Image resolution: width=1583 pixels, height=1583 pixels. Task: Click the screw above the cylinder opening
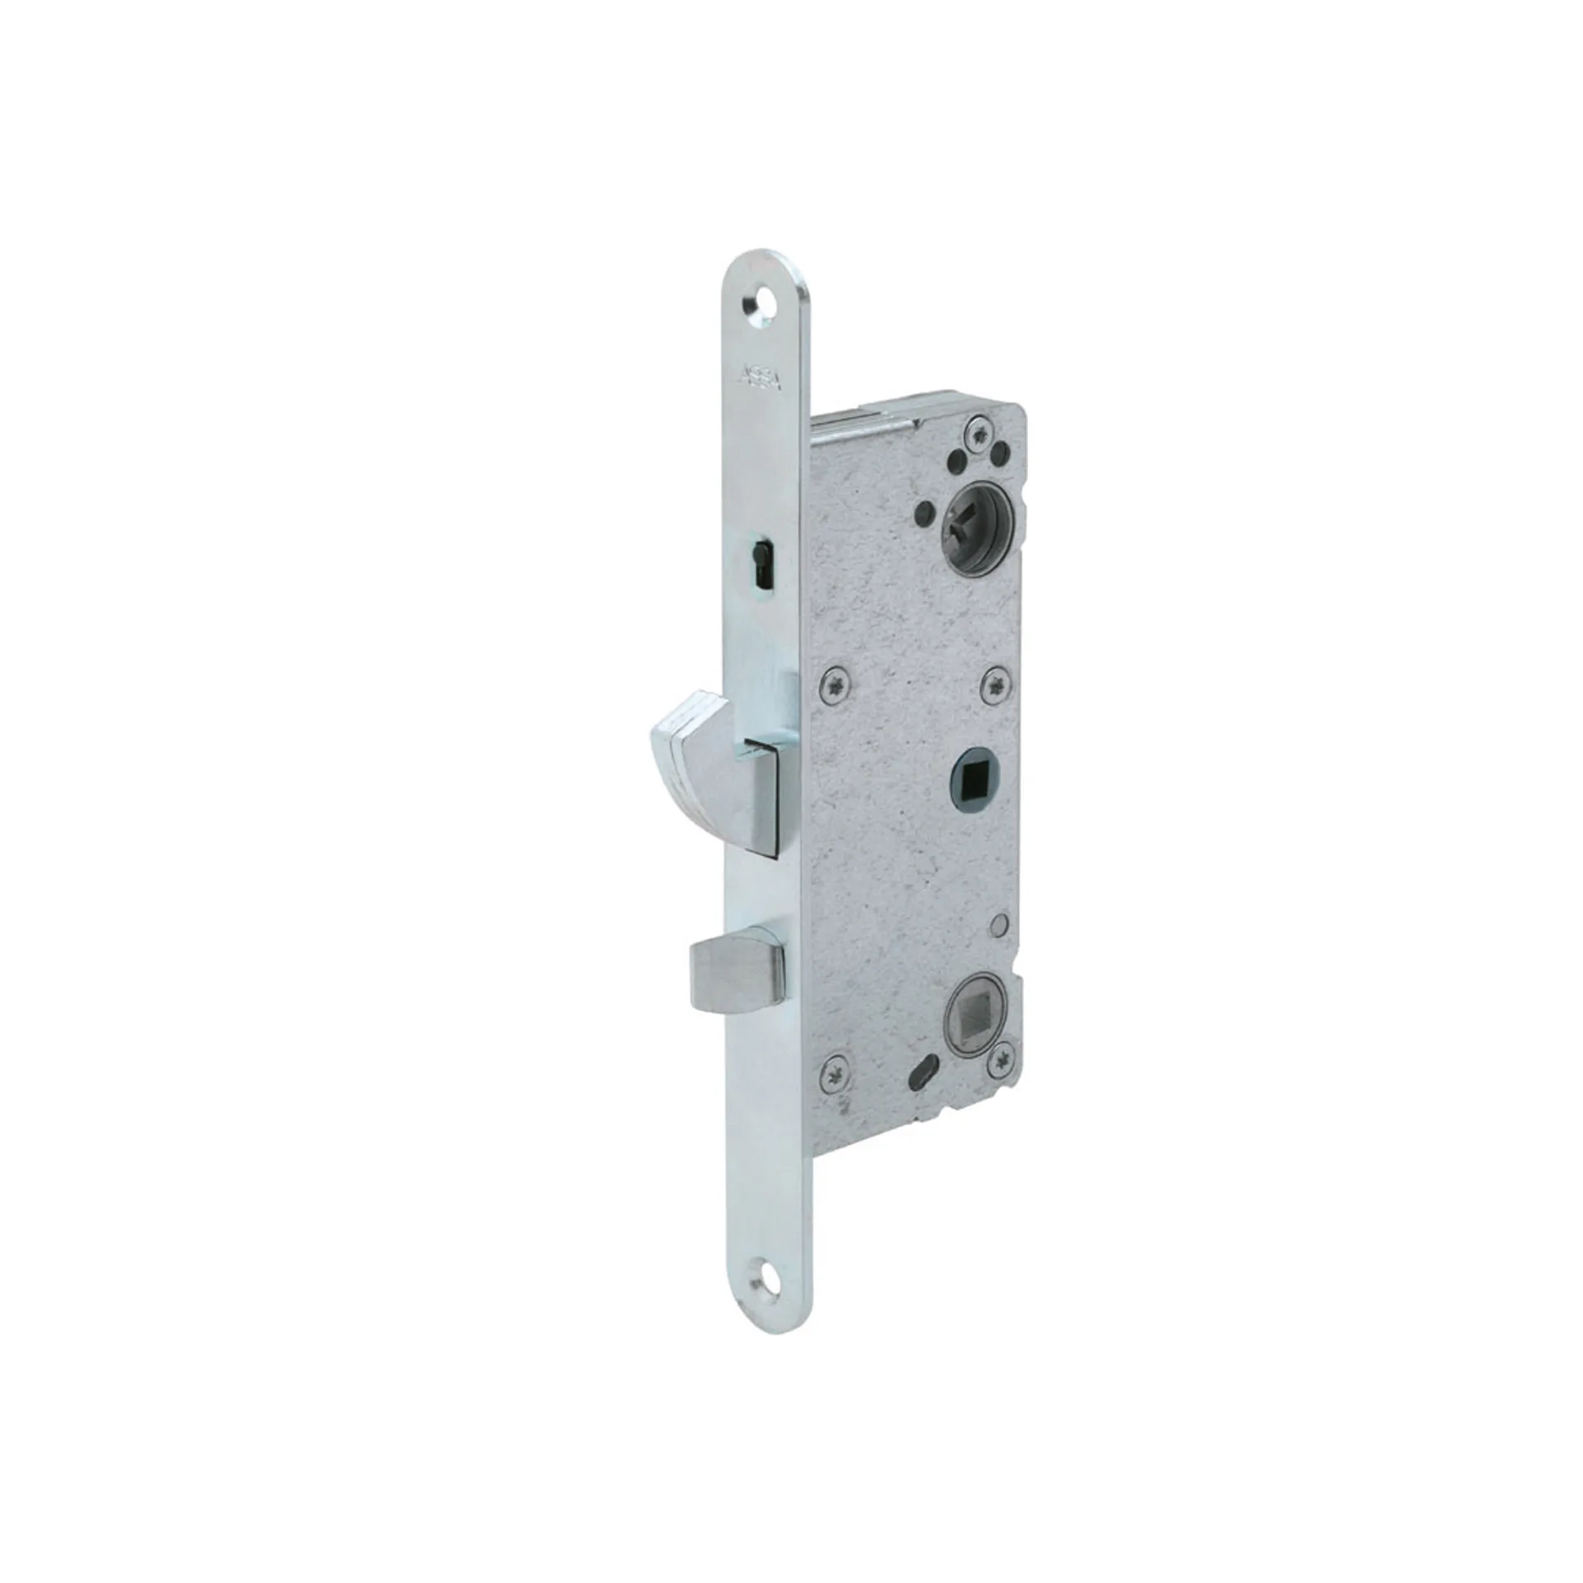980,432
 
